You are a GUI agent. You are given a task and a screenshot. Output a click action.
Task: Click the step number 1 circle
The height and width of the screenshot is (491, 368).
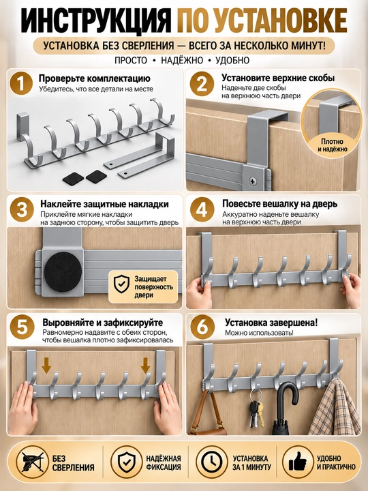(x=20, y=83)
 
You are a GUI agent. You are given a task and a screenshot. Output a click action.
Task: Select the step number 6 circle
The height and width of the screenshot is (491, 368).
(x=203, y=327)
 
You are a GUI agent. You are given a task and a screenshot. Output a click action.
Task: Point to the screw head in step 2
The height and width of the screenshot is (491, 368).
(x=253, y=181)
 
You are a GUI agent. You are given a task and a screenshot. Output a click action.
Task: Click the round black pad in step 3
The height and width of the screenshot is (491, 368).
(x=63, y=270)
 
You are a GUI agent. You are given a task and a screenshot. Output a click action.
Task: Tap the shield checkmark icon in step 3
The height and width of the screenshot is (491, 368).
(x=121, y=284)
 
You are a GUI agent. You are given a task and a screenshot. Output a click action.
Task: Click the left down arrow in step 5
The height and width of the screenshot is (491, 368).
(x=46, y=366)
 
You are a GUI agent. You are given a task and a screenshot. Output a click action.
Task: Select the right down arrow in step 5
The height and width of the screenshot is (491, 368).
(x=145, y=366)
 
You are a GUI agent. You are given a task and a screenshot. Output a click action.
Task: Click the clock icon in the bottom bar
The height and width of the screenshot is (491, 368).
(x=212, y=462)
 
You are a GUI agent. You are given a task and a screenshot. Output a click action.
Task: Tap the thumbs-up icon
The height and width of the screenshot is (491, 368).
(x=298, y=462)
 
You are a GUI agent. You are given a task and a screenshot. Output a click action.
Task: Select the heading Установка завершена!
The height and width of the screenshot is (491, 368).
(x=271, y=322)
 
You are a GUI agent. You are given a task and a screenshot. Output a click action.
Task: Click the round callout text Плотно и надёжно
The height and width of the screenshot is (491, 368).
(x=333, y=145)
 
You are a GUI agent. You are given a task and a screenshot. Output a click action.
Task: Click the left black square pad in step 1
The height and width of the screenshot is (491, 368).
(x=73, y=179)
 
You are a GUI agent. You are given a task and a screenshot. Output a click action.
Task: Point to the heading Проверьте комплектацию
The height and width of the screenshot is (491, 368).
(x=94, y=78)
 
